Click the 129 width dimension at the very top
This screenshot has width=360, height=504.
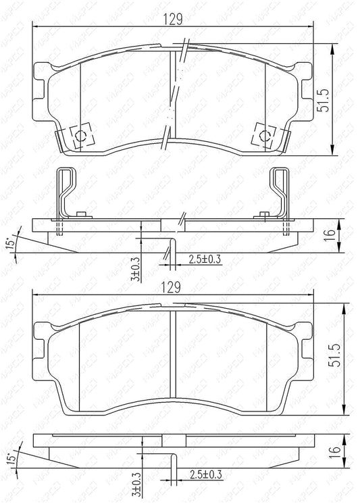click(x=174, y=20)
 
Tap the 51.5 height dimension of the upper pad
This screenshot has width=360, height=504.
click(x=324, y=101)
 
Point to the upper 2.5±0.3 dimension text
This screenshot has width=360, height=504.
click(x=205, y=259)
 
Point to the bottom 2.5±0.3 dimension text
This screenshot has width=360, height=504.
click(x=206, y=474)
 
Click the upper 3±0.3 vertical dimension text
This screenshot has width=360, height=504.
click(x=136, y=269)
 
